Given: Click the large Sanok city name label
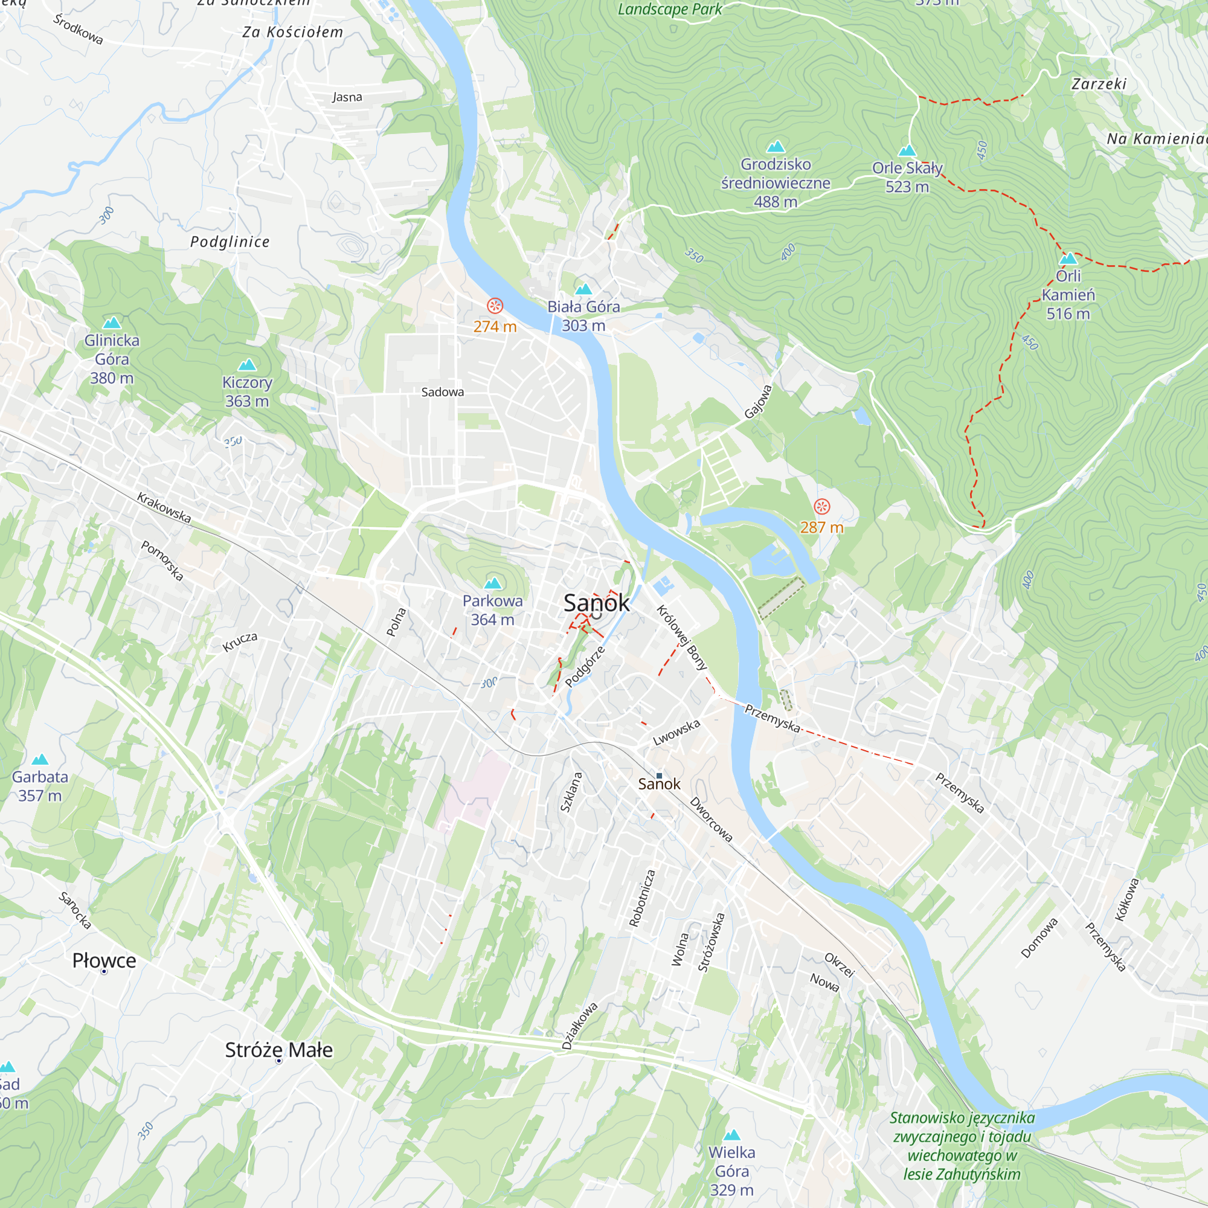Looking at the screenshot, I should click(x=597, y=603).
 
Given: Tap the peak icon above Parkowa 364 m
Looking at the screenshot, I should click(x=493, y=583).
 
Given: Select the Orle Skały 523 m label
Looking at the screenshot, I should click(x=907, y=177).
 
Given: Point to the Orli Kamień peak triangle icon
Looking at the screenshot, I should click(x=1068, y=259).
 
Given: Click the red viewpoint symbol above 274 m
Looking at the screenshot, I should click(x=495, y=306).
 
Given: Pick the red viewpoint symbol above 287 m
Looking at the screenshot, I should click(x=821, y=507).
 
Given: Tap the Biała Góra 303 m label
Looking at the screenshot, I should click(x=583, y=316).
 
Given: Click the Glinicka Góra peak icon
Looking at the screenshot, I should click(x=112, y=323).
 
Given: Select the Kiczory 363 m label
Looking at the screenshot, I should click(x=247, y=391).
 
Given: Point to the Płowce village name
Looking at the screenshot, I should click(x=104, y=960).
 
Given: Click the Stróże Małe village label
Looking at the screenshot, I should click(x=279, y=1050).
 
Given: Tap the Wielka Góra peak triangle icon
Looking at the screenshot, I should click(x=731, y=1135).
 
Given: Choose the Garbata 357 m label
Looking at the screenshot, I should click(x=40, y=786).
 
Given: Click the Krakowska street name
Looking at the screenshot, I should click(x=164, y=508).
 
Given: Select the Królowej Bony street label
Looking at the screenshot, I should click(x=681, y=637).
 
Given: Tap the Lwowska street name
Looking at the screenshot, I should click(x=676, y=733).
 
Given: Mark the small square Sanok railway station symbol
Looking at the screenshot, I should click(x=659, y=776).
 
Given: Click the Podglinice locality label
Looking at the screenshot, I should click(x=230, y=242).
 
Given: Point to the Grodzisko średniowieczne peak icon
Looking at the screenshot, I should click(x=776, y=147).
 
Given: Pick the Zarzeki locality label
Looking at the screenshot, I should click(x=1099, y=84).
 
